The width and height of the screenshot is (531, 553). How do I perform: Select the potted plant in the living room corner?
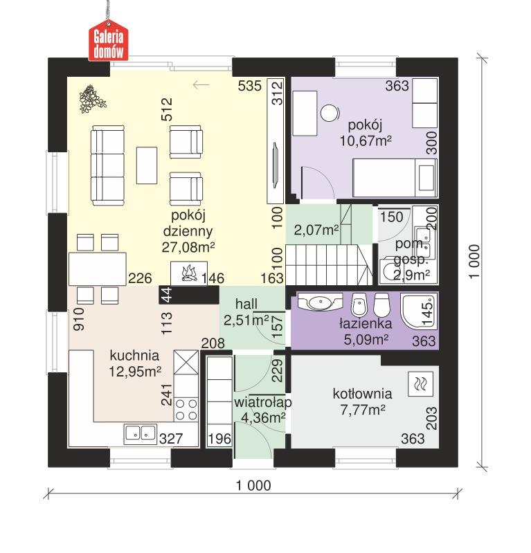[92, 98]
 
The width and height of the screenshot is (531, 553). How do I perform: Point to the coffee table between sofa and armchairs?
[146, 165]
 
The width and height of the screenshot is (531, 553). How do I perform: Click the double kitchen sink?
[141, 433]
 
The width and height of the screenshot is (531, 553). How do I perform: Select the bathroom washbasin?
[321, 302]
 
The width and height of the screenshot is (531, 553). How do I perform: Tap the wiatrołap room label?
[262, 402]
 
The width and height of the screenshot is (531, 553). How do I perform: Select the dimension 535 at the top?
[249, 86]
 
